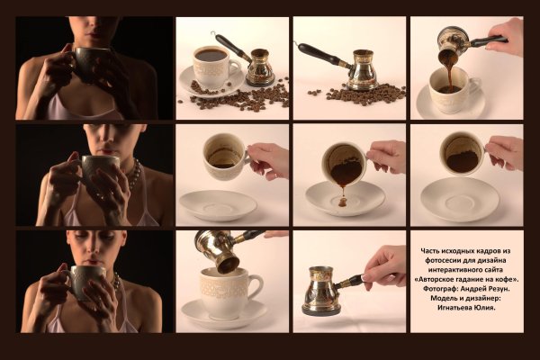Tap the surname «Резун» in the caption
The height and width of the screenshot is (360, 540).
pos(499,288)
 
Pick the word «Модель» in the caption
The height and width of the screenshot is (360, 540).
pos(443,298)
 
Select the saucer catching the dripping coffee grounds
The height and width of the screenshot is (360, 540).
pos(345,199)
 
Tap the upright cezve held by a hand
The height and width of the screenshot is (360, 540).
pos(319,291)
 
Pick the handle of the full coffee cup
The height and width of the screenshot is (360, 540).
pos(235,67)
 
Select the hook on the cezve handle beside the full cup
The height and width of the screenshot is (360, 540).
pos(213,34)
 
